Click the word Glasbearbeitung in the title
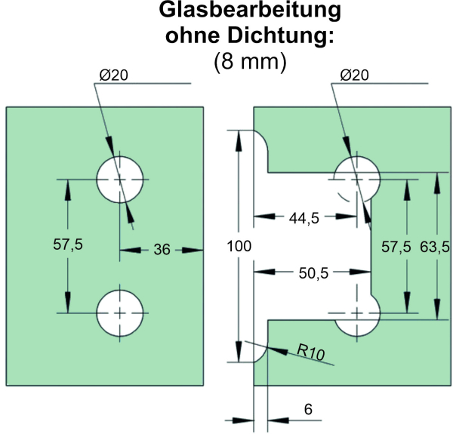250,11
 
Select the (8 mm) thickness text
250,62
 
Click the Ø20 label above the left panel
113,75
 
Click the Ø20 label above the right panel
355,75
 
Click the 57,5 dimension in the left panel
68,245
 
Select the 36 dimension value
162,250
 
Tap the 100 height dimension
239,246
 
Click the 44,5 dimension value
304,218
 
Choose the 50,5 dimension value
313,273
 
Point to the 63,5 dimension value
435,247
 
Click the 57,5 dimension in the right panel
396,247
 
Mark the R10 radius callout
311,352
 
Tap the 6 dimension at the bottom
308,409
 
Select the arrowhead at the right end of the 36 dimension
193,250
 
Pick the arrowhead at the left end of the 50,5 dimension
264,272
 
